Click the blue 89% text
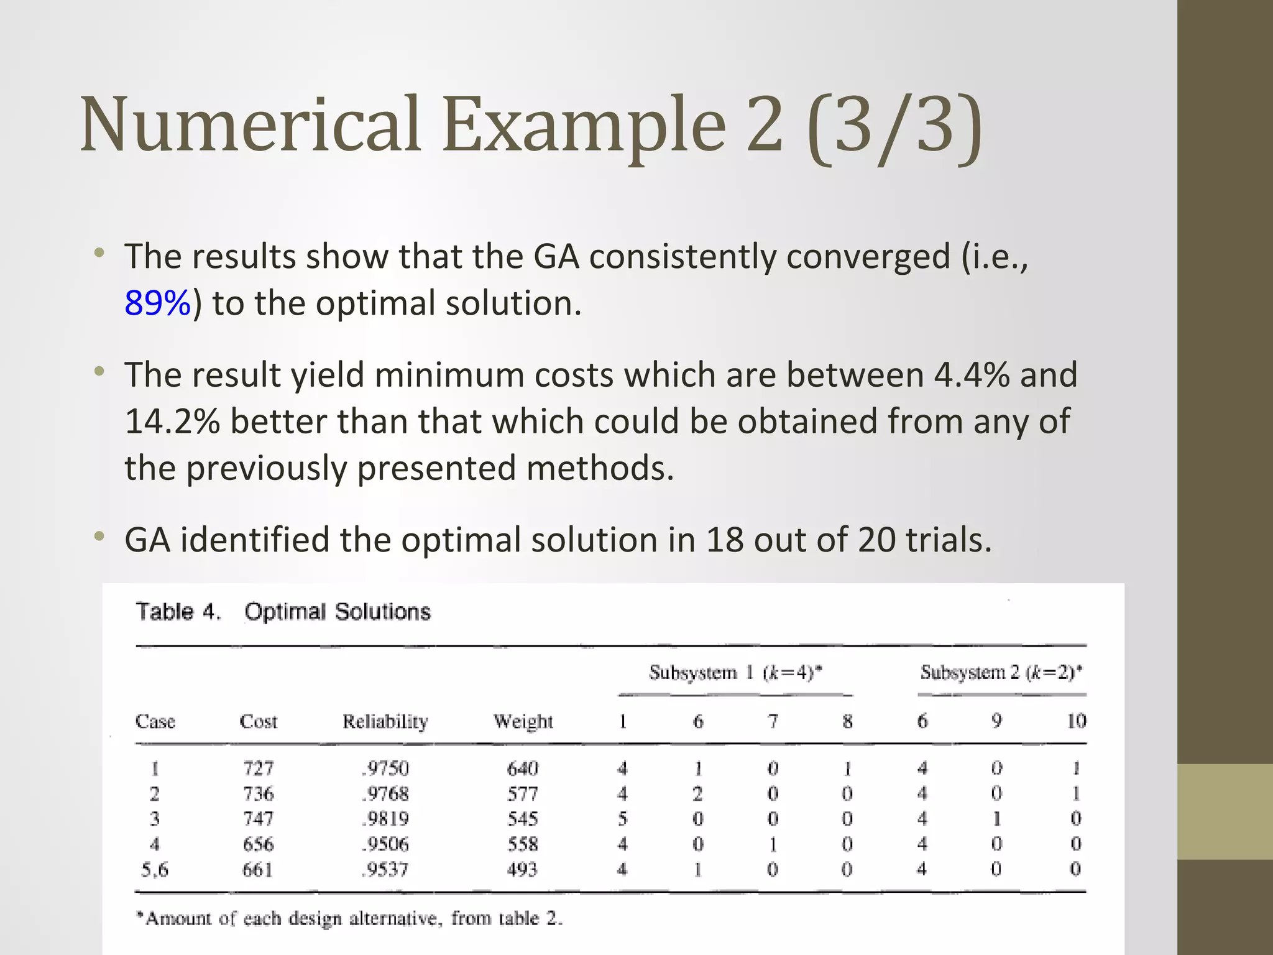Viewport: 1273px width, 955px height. coord(157,303)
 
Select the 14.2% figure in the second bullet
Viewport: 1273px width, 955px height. coord(172,422)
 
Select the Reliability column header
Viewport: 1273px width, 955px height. coord(385,721)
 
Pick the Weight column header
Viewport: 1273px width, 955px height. coord(523,721)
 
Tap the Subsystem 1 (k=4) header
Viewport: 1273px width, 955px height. coord(735,673)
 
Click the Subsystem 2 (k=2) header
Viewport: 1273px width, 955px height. coord(1001,673)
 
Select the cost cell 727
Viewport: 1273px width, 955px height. coord(258,768)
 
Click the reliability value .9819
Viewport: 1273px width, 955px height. coord(385,819)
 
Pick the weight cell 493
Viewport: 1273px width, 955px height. coord(522,869)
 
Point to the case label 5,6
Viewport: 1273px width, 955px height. coord(154,869)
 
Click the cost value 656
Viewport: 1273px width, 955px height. coord(258,844)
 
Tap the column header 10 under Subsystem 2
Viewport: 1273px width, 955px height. coord(1076,721)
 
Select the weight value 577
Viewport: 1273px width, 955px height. coord(522,794)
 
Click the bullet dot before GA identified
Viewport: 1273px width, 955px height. coord(99,536)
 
